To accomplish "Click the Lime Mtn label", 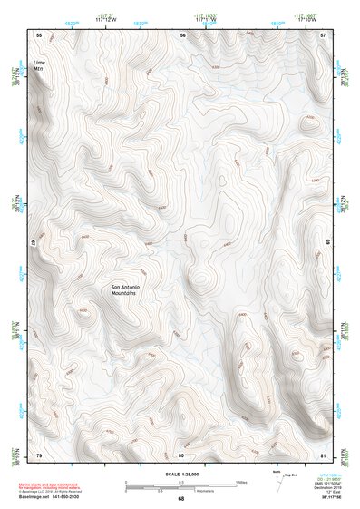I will [x=38, y=64].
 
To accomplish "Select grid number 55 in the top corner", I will [x=38, y=34].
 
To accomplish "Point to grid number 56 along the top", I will [x=182, y=34].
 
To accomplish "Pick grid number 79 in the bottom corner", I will [x=38, y=454].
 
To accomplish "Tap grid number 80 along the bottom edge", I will [x=181, y=454].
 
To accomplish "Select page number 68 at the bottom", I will [x=180, y=499].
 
